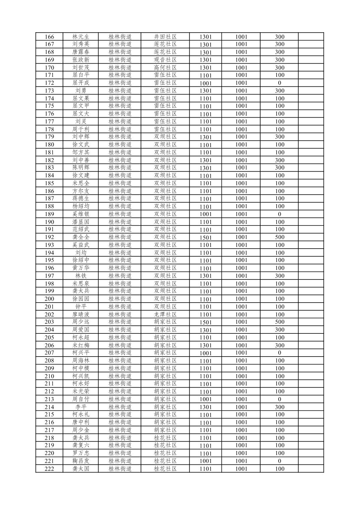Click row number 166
[x=49, y=37]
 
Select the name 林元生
[x=81, y=37]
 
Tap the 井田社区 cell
[x=165, y=37]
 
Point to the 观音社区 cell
[x=165, y=60]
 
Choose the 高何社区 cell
[x=165, y=67]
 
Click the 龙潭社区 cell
[x=165, y=314]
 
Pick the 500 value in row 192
[x=279, y=237]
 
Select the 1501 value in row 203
[x=206, y=322]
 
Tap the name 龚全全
[x=81, y=237]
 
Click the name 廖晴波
[x=81, y=314]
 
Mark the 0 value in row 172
[x=279, y=83]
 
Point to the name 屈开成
[x=81, y=83]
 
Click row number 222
[x=49, y=468]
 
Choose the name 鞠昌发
[x=81, y=461]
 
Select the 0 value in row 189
[x=279, y=214]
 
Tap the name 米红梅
[x=81, y=345]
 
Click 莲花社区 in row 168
[x=165, y=52]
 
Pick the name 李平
[x=81, y=407]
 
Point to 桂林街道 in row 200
[x=120, y=299]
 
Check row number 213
[x=49, y=399]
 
